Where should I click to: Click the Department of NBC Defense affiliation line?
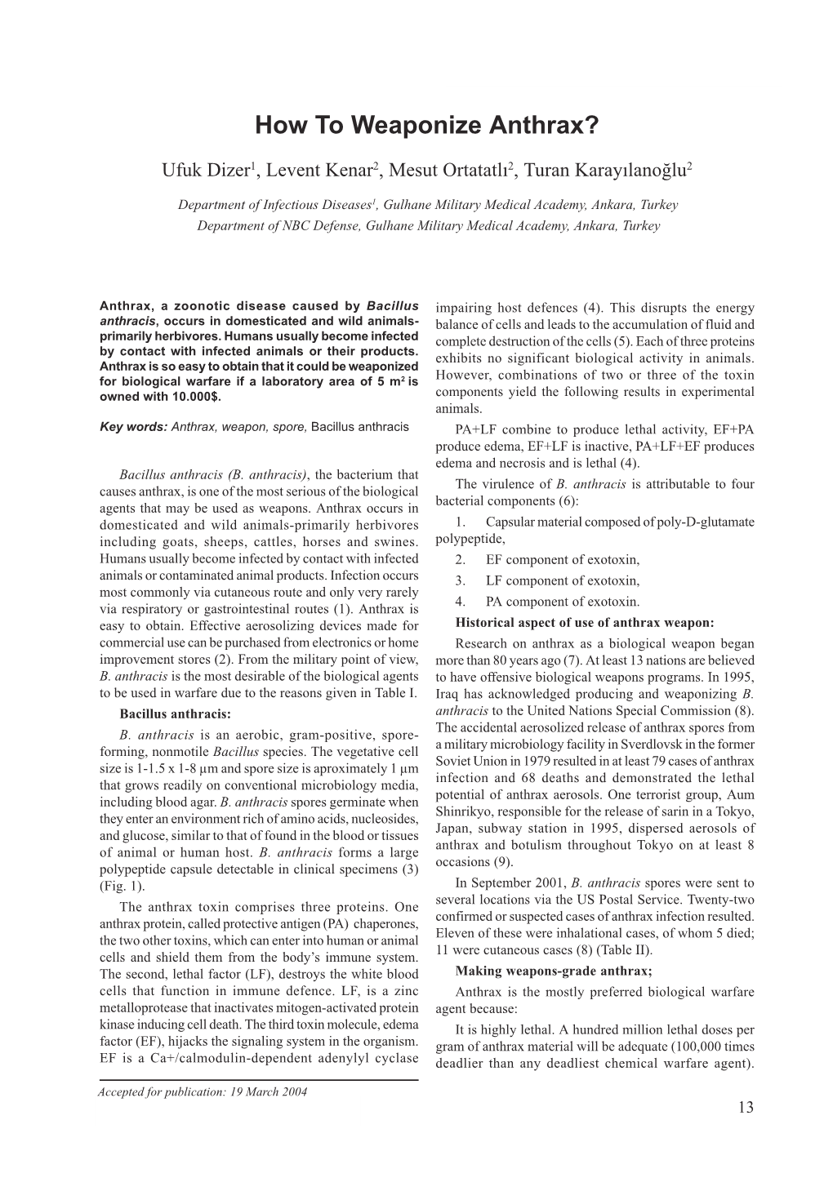click(x=428, y=225)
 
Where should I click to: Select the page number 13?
click(x=745, y=1108)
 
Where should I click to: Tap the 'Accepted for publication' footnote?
click(x=203, y=1092)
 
